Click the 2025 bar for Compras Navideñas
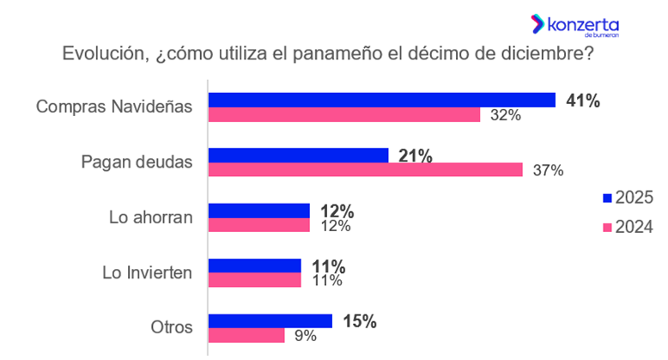(382, 100)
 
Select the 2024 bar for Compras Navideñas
(344, 114)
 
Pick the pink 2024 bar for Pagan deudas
(366, 170)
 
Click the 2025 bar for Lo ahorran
(259, 211)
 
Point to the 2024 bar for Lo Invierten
(255, 280)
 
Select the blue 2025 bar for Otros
(270, 320)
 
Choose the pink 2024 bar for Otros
(246, 335)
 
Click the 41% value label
(582, 100)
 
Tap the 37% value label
(547, 170)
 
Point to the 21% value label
(416, 156)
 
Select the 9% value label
(305, 336)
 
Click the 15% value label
(359, 320)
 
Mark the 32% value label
(505, 115)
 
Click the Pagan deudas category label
(137, 162)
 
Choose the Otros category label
(170, 327)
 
